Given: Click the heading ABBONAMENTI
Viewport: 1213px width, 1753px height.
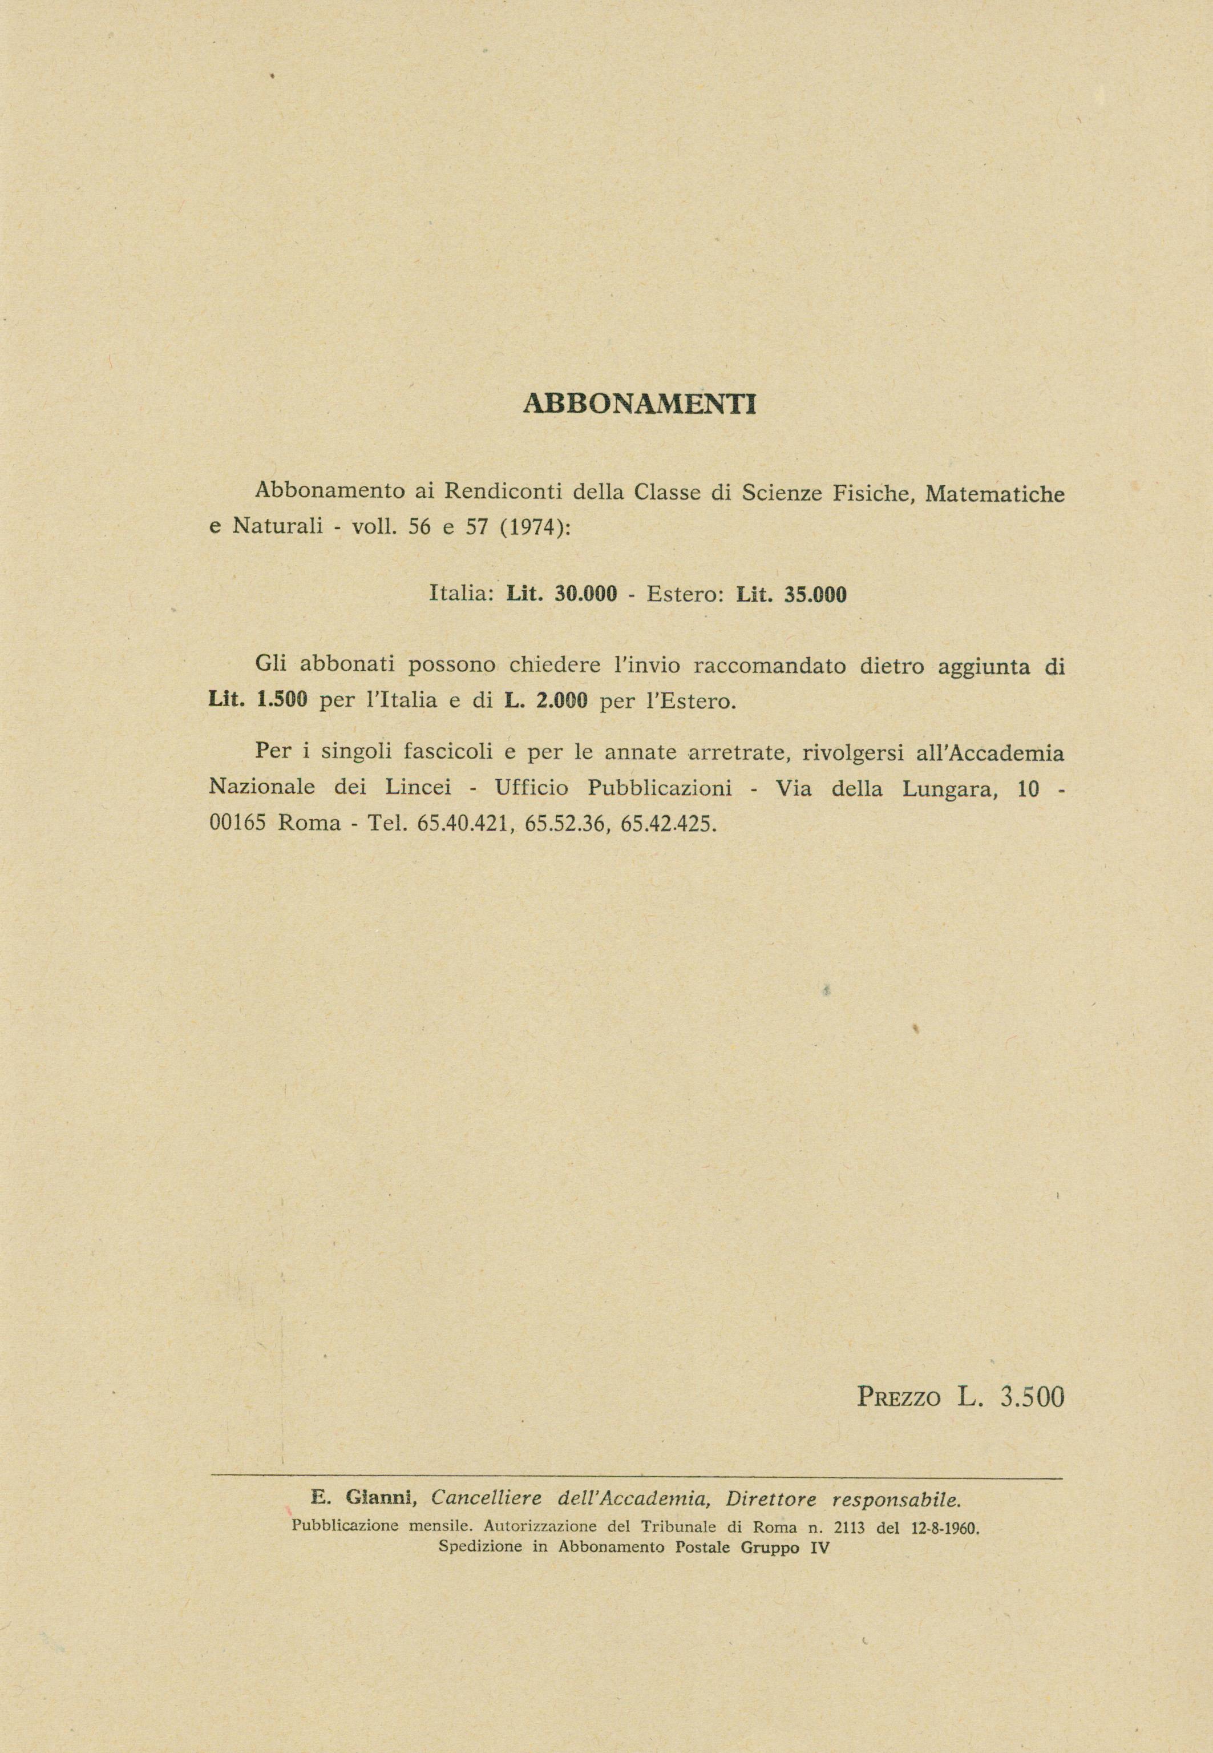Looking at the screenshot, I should click(640, 404).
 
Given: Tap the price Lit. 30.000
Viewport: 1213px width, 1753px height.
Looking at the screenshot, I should click(561, 594).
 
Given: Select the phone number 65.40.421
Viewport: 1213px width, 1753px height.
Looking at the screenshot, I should click(462, 823).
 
